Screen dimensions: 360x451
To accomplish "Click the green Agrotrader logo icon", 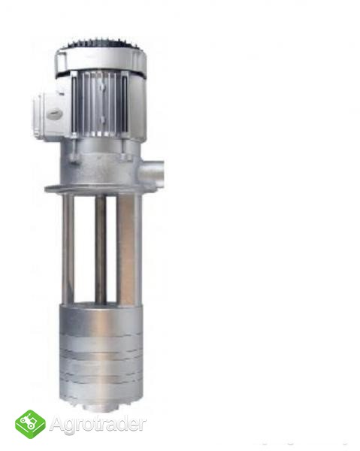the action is coord(30,424).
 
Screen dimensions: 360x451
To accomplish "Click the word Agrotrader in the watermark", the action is coord(98,424).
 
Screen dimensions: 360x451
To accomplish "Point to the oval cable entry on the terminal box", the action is coord(54,115).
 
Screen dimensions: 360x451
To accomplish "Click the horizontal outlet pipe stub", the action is coord(152,173).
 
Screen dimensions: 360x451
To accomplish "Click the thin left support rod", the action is coord(68,249).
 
